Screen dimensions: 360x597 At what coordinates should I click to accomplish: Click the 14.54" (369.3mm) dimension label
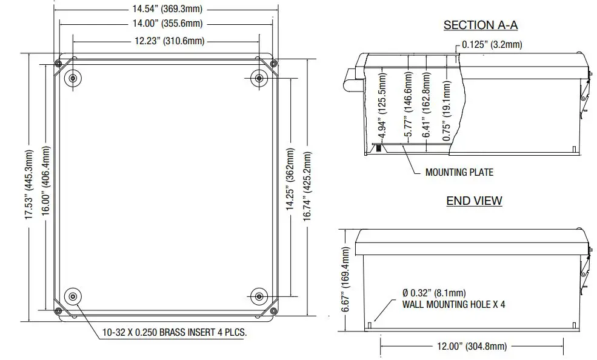pos(165,9)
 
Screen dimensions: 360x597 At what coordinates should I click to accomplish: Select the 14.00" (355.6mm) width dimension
pos(165,24)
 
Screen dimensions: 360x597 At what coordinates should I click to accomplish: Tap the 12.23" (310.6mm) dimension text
pos(165,41)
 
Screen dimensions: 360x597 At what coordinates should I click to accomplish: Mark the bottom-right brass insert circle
pos(259,296)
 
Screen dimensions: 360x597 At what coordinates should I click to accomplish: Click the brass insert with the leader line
pos(73,296)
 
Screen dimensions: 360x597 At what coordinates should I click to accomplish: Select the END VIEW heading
pos(474,201)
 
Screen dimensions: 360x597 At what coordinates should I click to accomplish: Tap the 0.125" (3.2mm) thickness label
pos(492,44)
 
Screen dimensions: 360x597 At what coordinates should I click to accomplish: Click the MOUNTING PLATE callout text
pos(459,172)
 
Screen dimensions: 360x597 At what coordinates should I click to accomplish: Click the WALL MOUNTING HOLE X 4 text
pos(453,304)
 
